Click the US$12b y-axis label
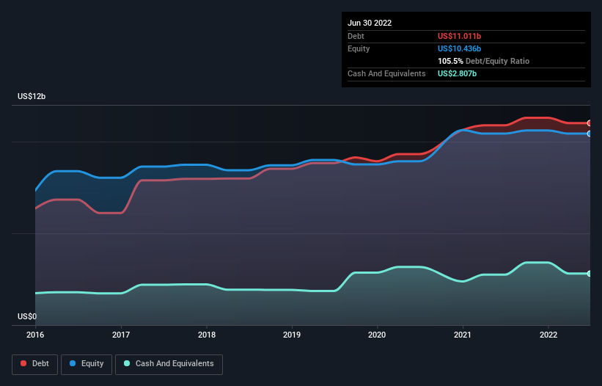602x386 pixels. (x=33, y=97)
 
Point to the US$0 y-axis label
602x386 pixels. (x=27, y=317)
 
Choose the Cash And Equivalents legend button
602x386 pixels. (x=169, y=364)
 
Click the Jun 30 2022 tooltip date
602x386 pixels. (x=370, y=23)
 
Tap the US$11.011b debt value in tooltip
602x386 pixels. (x=460, y=36)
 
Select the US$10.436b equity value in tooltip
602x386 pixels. (x=460, y=48)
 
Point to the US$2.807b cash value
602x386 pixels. (x=458, y=73)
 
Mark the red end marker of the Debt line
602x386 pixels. (x=589, y=123)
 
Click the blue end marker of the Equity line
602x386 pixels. (x=589, y=134)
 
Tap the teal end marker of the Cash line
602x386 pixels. (x=589, y=273)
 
